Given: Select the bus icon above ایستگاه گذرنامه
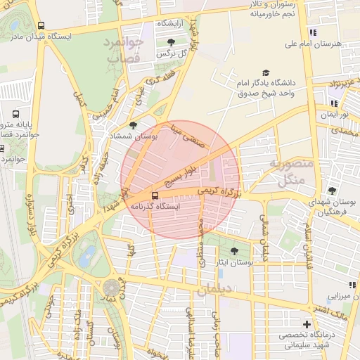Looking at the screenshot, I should click(155, 195).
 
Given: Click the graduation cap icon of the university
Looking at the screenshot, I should click(266, 72).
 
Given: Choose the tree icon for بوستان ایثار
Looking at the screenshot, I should click(234, 251).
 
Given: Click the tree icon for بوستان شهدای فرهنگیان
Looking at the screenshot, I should click(331, 191).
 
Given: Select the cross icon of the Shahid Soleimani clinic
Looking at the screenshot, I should click(305, 325).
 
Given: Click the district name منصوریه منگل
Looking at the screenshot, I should click(285, 172).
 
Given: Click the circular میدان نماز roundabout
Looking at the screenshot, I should click(111, 288).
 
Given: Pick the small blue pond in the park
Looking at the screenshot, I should click(86, 257).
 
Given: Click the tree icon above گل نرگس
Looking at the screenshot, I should click(171, 42).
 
